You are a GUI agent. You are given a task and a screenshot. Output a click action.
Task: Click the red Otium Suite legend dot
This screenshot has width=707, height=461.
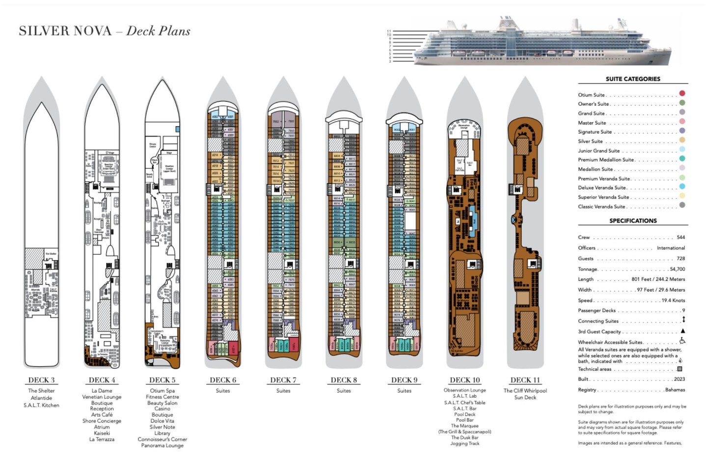coord(682,93)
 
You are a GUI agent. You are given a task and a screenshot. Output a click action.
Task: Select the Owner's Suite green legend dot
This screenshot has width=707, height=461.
coord(682,103)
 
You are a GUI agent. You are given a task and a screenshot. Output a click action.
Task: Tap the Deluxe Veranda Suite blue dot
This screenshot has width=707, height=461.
coord(682,187)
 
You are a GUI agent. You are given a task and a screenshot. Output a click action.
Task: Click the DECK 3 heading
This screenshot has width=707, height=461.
coord(41,380)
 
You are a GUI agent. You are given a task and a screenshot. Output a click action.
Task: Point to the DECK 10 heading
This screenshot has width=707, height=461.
coord(464,380)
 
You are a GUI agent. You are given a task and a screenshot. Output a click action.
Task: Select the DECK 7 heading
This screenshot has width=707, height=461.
coord(283,380)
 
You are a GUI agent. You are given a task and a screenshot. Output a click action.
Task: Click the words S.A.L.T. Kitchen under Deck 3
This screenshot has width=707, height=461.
coord(41,406)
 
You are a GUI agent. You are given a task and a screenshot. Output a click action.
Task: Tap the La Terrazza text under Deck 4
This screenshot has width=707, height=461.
coord(102,439)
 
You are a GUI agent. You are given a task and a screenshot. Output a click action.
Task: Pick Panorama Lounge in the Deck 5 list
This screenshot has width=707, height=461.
coord(162,446)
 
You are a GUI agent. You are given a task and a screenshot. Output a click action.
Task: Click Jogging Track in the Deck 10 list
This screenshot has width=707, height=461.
coord(464,443)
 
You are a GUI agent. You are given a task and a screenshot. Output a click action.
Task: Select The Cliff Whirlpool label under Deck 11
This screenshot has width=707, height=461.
coord(525,391)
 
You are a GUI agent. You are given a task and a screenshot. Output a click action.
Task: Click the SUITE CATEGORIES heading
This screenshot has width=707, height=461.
coord(633,79)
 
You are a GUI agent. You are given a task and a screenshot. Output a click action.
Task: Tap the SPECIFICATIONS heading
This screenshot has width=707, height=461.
coord(633,221)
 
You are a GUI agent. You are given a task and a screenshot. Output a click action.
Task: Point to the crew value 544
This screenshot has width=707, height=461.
coord(680,237)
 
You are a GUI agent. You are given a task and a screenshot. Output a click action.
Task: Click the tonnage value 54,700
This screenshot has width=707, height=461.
coord(677,269)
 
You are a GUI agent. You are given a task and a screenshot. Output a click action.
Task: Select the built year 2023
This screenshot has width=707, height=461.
coord(679,379)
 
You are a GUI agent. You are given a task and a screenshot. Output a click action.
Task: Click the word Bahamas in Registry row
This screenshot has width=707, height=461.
coord(675,390)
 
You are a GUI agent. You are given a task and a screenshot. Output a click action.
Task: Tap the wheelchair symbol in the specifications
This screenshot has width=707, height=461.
coord(682,341)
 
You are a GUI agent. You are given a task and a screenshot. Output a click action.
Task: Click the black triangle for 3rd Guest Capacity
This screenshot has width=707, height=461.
coord(682,331)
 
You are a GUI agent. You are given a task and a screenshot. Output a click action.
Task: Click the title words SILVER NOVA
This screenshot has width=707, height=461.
coord(65,31)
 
